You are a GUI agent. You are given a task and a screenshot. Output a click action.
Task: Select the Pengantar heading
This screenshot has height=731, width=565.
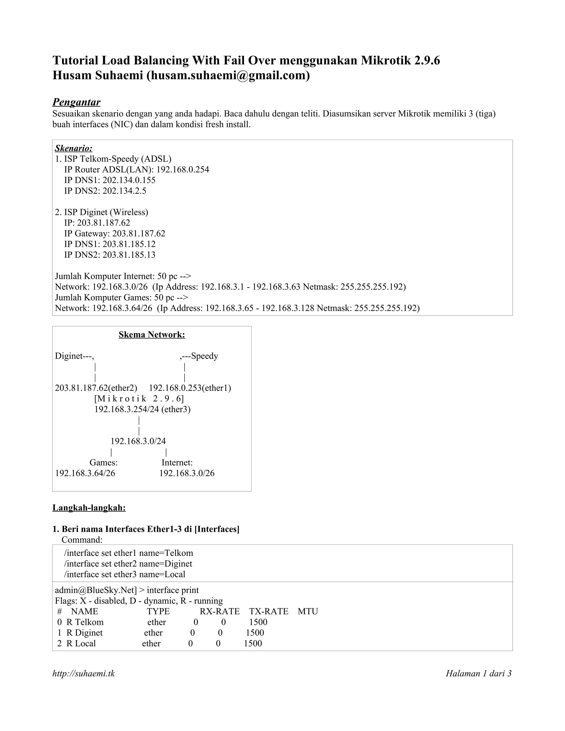click(x=76, y=102)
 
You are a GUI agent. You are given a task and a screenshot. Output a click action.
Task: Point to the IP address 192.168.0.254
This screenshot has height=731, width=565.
click(x=182, y=169)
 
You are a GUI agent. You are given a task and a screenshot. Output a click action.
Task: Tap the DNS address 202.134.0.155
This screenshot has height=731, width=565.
click(x=129, y=180)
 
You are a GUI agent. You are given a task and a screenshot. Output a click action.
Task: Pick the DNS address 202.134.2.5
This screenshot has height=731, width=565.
click(x=124, y=191)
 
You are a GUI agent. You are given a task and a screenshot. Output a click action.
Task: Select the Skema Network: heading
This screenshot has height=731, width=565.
click(x=152, y=334)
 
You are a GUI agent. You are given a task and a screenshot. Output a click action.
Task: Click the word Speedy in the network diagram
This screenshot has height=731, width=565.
click(x=204, y=356)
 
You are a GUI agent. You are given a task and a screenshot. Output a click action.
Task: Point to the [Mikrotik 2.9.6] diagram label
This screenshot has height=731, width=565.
click(x=139, y=399)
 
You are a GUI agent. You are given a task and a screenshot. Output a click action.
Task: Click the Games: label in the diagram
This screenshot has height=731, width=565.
click(x=103, y=463)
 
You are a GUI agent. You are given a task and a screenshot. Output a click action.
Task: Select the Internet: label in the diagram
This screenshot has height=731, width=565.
click(x=177, y=463)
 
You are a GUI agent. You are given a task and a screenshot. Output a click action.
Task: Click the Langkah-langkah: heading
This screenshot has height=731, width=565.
click(x=89, y=508)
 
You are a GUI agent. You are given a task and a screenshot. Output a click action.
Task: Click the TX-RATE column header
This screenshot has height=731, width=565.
click(x=268, y=612)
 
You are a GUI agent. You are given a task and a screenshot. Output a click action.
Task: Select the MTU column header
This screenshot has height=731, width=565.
click(x=308, y=612)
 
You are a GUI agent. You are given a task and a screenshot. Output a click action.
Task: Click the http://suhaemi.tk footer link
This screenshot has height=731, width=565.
click(x=84, y=673)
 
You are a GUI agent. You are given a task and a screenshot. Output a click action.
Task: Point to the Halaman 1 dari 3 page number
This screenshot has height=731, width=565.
click(x=478, y=673)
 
